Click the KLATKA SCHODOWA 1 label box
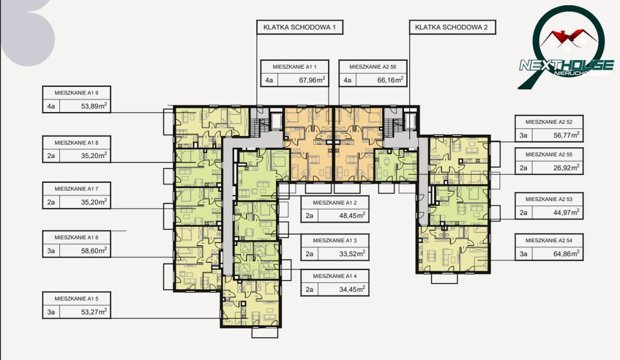[x=300, y=27]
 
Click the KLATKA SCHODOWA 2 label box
[x=453, y=27]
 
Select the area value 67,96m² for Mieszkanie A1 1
[x=312, y=80]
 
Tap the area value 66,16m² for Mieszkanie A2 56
[x=390, y=80]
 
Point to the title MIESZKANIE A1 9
[x=76, y=93]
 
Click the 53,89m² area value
[x=94, y=106]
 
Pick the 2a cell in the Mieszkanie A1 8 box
[x=51, y=156]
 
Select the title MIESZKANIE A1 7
[x=76, y=189]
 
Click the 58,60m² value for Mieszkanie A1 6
[x=94, y=251]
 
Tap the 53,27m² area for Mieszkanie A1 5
[x=94, y=312]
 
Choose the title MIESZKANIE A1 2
[x=335, y=203]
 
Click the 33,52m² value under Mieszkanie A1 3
[x=352, y=254]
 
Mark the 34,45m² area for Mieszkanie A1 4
[x=352, y=289]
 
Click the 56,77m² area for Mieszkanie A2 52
[x=566, y=135]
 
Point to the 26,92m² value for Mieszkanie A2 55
[x=566, y=168]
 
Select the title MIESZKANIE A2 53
[x=549, y=199]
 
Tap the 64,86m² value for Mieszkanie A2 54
[x=566, y=254]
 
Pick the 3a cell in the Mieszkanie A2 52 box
[x=523, y=136]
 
